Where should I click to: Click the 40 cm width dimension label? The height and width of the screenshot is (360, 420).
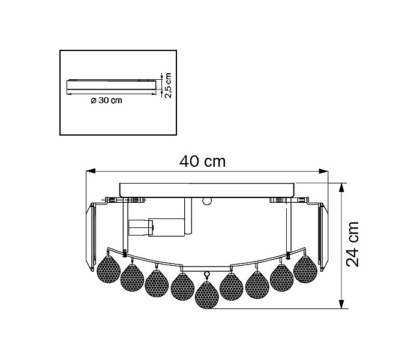(x=203, y=161)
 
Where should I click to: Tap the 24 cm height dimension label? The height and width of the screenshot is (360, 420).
(x=352, y=244)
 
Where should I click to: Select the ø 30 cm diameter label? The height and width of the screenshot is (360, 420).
(x=106, y=100)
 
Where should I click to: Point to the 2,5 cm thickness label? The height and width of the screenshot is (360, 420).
(x=168, y=85)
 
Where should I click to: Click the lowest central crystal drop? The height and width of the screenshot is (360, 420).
(x=207, y=295)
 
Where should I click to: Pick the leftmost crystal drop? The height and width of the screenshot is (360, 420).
(x=109, y=269)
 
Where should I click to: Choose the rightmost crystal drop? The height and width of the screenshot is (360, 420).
(x=305, y=269)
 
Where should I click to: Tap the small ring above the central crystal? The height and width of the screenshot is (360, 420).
(x=207, y=274)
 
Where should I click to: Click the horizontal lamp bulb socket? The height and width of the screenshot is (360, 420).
(x=157, y=227)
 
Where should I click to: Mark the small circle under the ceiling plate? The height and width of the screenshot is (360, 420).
(x=207, y=201)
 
